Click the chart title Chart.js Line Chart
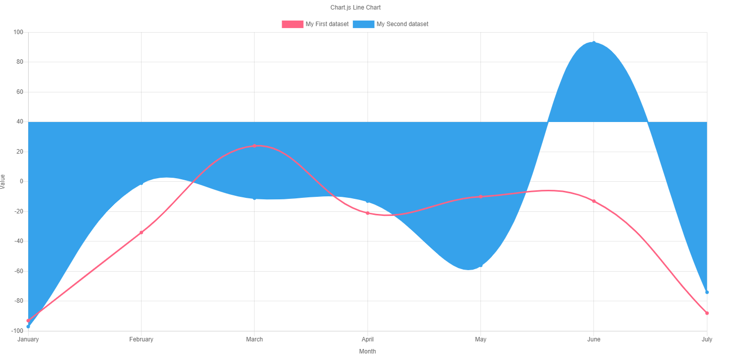(x=358, y=8)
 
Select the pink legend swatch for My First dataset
(x=292, y=24)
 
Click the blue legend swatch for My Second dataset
(x=363, y=24)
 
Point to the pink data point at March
(x=255, y=146)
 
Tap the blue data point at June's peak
(x=594, y=43)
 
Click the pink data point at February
(x=141, y=232)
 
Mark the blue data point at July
(x=707, y=292)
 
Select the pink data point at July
(x=707, y=313)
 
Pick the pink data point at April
(x=368, y=213)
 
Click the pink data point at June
(x=594, y=201)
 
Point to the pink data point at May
(x=480, y=196)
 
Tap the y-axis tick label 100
(x=19, y=32)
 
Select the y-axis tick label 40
(x=20, y=122)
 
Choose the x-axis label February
(x=141, y=339)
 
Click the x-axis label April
(x=368, y=339)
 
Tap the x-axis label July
(x=706, y=339)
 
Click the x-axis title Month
(x=368, y=351)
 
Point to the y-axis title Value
(x=3, y=181)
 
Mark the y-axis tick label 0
(x=22, y=181)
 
